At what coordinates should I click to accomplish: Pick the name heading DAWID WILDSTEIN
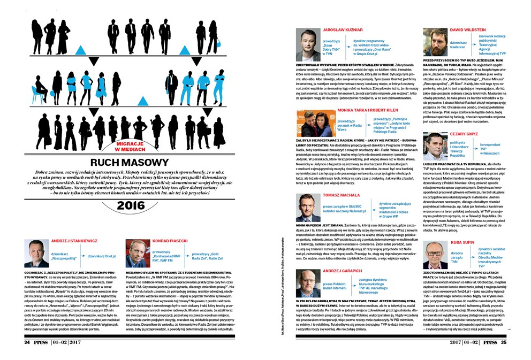click(471, 30)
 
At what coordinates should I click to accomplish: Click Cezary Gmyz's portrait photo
click(435, 143)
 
